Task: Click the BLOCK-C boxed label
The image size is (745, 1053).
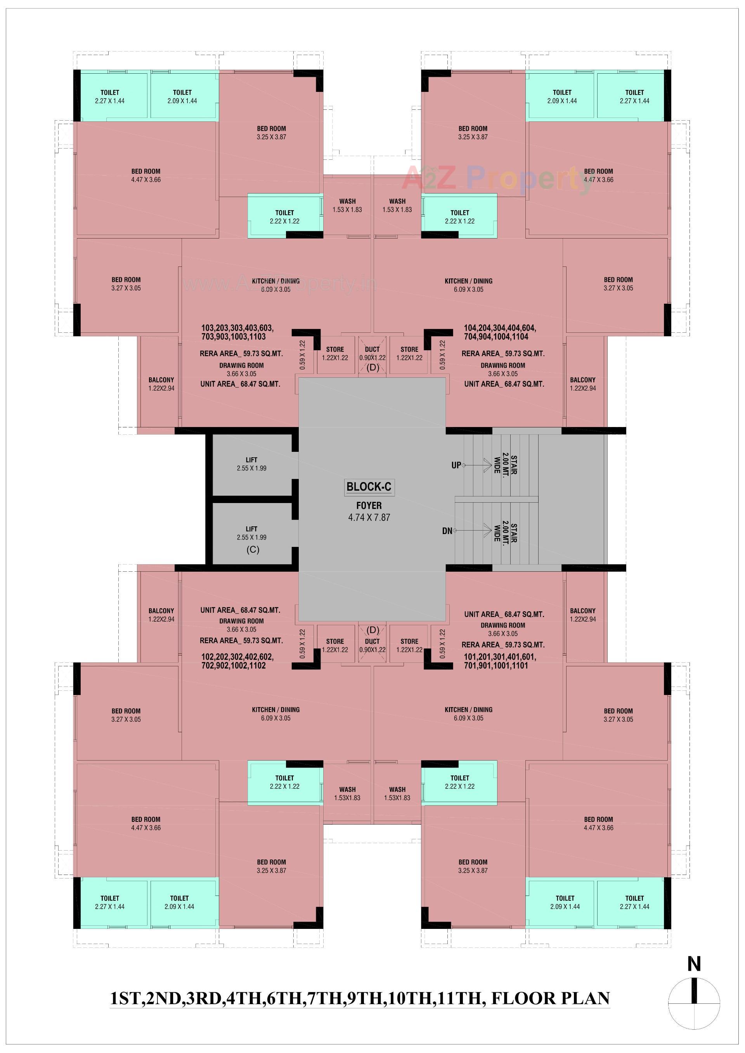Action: (369, 487)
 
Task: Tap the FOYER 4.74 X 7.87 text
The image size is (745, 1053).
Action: (369, 511)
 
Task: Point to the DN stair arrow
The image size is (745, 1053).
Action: (473, 531)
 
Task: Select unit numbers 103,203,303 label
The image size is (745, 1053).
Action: (237, 332)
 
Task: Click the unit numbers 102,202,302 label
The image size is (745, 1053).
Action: (237, 661)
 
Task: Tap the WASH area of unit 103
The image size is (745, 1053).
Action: (347, 205)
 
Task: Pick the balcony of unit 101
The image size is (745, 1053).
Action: (582, 615)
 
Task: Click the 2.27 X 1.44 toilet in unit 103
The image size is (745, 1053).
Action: (110, 96)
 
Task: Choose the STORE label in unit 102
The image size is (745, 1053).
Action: (335, 645)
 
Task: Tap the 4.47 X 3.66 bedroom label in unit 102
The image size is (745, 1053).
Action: (146, 823)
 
